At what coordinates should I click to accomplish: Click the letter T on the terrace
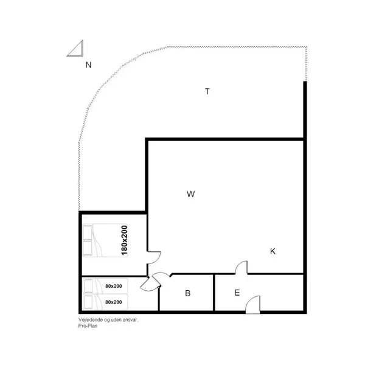click(x=207, y=92)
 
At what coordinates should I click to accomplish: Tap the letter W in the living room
click(x=190, y=194)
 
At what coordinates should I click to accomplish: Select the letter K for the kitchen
click(x=273, y=251)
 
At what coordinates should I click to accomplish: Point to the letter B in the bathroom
click(x=188, y=293)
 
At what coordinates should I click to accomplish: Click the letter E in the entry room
click(x=237, y=293)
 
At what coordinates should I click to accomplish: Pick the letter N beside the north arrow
click(x=88, y=64)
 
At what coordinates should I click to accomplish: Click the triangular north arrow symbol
click(x=75, y=49)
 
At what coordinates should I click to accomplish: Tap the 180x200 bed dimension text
click(x=124, y=240)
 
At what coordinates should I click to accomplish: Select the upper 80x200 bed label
click(x=113, y=286)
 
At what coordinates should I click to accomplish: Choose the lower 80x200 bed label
click(x=113, y=302)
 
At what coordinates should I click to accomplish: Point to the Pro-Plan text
click(x=80, y=325)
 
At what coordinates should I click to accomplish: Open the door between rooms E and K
click(x=242, y=268)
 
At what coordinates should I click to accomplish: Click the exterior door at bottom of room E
click(x=254, y=304)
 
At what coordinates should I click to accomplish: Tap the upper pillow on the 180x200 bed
click(x=88, y=232)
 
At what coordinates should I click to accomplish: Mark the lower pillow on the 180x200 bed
click(x=88, y=248)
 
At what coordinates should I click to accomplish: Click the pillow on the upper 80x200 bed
click(x=88, y=286)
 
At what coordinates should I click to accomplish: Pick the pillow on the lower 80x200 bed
click(x=88, y=302)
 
